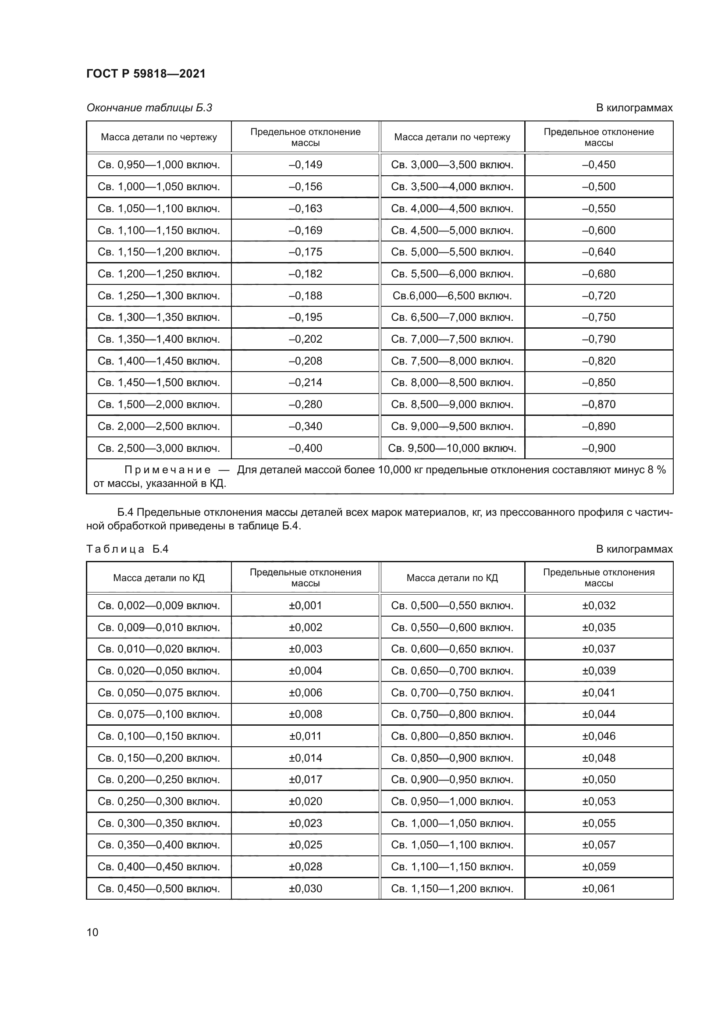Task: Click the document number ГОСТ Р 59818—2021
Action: coord(146,74)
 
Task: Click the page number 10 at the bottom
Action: coord(92,932)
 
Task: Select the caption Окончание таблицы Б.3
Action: coord(149,108)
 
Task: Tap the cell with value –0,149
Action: coord(306,165)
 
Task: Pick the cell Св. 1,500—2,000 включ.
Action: coord(159,404)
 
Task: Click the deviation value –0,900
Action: coord(598,448)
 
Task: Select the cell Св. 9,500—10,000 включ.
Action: coord(452,448)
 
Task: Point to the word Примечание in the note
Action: coord(167,470)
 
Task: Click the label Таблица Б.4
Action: coord(127,549)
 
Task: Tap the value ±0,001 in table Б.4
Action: coord(306,606)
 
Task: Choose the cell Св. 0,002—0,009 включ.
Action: coord(159,606)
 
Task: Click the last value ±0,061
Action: coord(598,889)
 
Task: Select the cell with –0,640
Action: coord(598,252)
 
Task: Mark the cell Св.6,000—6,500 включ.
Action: coord(452,295)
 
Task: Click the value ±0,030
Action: coord(306,889)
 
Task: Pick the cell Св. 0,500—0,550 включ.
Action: coord(452,606)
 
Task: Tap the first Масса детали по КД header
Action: coord(159,578)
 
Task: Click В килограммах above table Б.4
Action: coord(634,549)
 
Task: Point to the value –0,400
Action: coord(306,448)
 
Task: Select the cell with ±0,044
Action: coord(598,714)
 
